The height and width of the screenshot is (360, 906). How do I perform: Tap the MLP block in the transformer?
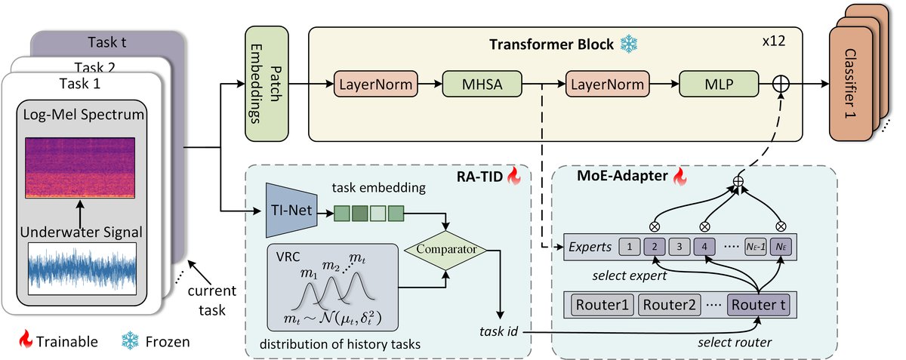[718, 85]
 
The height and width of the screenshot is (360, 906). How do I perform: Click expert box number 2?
[655, 247]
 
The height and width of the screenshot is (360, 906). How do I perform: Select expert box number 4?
[704, 247]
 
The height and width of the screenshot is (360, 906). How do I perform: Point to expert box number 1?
[630, 247]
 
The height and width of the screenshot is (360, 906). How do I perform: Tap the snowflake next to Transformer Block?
[628, 45]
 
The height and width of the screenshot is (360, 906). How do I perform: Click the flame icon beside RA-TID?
[514, 177]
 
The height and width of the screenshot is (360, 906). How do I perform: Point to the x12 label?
[774, 42]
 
